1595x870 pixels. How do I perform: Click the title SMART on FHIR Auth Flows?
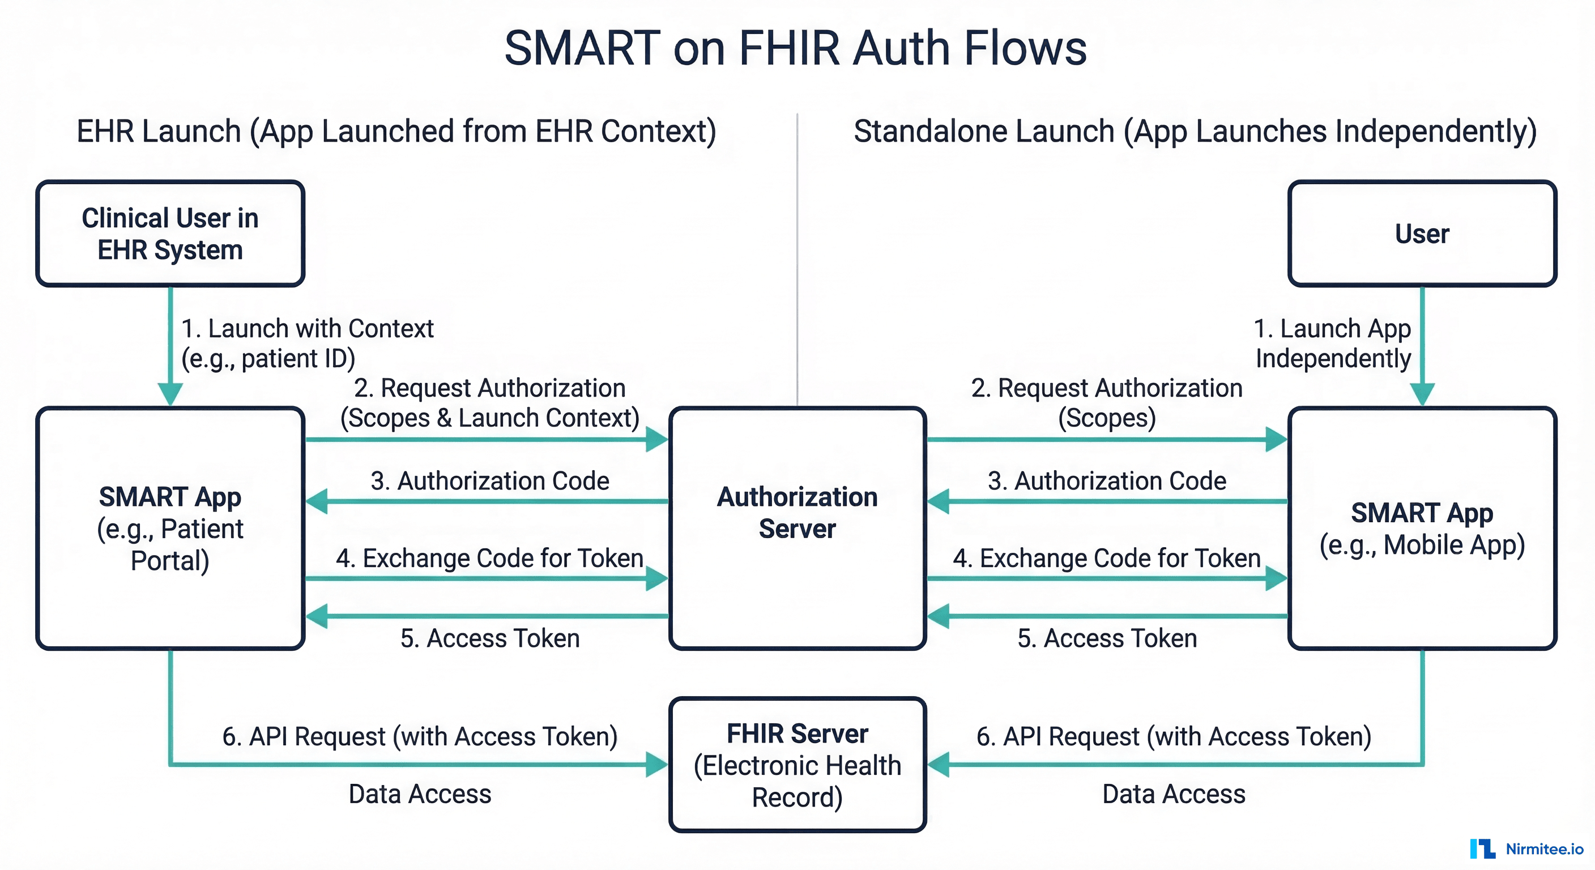point(795,48)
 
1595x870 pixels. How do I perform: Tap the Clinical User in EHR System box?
point(170,233)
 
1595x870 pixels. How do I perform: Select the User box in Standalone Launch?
point(1422,233)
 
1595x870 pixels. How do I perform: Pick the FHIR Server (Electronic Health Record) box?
point(797,765)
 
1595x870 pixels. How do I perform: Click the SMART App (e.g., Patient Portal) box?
point(170,527)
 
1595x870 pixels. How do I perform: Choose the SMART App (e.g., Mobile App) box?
point(1422,527)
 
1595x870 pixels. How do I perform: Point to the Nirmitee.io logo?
point(1526,848)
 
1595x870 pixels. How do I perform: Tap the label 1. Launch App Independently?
point(1332,343)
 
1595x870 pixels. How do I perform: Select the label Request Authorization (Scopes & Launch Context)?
point(489,403)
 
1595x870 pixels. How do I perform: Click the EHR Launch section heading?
point(396,131)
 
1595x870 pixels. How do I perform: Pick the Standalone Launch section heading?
point(1195,131)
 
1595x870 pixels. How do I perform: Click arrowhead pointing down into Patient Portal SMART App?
point(170,394)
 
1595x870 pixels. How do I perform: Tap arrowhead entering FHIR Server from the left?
point(656,764)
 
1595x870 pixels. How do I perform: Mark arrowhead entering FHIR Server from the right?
point(939,764)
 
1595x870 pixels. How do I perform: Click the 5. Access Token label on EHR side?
point(490,638)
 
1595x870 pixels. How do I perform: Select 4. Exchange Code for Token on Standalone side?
point(1106,558)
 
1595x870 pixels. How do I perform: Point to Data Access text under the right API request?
point(1174,794)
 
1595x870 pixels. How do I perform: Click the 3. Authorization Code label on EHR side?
point(490,481)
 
